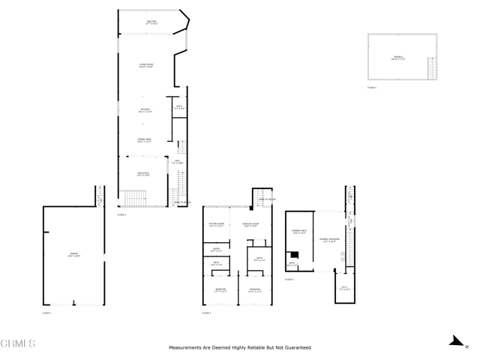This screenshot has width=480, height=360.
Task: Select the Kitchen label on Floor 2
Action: (x=145, y=110)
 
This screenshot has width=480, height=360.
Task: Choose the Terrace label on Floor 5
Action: (x=397, y=58)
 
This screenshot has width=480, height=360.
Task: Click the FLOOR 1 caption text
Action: (x=46, y=312)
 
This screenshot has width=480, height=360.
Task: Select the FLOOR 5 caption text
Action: (x=372, y=88)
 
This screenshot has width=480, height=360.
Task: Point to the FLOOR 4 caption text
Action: (x=289, y=280)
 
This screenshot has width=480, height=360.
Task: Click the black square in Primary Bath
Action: (x=295, y=254)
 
